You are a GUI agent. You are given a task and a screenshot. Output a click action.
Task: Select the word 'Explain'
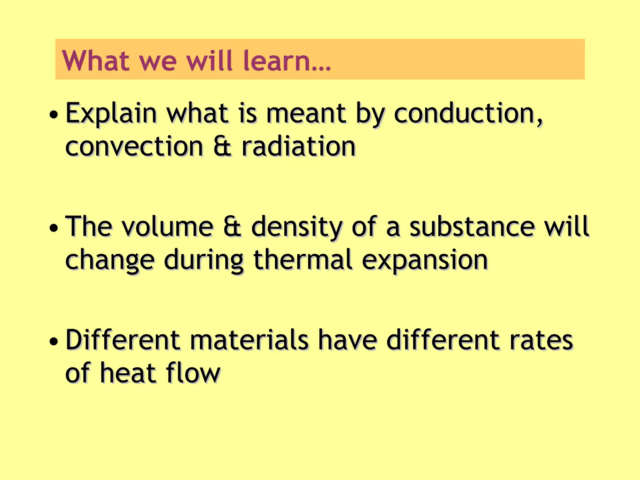click(111, 114)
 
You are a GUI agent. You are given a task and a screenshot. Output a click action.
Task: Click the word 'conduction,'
click(468, 114)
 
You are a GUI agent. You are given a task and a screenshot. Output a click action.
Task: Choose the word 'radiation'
click(299, 147)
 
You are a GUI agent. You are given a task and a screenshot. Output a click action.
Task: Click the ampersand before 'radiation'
click(222, 147)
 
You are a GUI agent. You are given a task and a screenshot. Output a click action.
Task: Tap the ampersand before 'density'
click(232, 227)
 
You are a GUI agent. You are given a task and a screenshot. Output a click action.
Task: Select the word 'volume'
click(167, 227)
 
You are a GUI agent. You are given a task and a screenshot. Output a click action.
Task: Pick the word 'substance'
click(472, 227)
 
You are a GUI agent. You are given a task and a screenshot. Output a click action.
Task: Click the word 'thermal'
click(303, 260)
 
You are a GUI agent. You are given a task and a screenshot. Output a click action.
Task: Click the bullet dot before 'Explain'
click(54, 115)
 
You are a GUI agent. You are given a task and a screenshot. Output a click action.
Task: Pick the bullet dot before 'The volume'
click(54, 228)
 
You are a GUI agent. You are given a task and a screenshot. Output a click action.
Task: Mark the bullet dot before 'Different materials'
click(54, 342)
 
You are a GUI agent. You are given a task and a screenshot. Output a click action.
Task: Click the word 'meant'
click(306, 114)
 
